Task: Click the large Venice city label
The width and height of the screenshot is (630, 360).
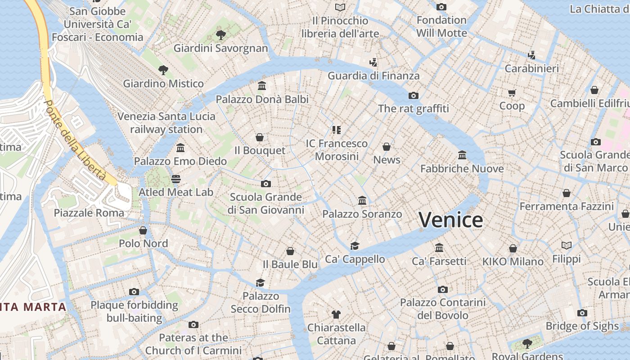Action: pos(450,220)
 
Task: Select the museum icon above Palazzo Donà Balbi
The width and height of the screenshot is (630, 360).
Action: pos(262,85)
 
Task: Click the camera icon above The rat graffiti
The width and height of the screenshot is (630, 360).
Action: pos(413,95)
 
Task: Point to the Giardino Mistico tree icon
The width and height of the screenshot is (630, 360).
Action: pos(163,70)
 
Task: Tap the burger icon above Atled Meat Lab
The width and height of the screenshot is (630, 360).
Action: pos(176,179)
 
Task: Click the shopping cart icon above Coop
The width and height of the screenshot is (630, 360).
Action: pos(512,93)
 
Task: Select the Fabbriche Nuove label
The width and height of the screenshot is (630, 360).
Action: pos(462,169)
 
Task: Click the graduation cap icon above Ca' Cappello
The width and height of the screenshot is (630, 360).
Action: pos(355,246)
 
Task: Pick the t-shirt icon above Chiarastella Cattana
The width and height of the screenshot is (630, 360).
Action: pos(336,314)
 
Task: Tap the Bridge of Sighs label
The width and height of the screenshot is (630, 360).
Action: pos(582,326)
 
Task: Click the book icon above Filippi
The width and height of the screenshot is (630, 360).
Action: pos(566,246)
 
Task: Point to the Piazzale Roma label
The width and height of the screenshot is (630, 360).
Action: pos(89,213)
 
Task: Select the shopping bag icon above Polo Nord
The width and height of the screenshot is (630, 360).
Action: pos(143,230)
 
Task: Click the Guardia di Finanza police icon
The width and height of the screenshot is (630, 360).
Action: pos(373,62)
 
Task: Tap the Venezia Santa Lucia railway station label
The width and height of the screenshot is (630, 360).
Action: pos(166,123)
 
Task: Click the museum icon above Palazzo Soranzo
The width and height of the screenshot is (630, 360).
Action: pos(362,200)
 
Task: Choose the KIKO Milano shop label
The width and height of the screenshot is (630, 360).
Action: pos(513,261)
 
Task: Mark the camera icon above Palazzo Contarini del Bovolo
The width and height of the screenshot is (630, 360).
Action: pos(442,289)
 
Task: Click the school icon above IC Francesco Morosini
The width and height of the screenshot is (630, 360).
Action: pos(337,130)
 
